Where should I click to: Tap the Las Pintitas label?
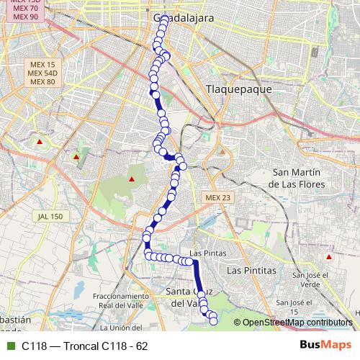(251, 270)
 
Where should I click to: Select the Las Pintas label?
(207, 253)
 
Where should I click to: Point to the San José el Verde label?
(310, 279)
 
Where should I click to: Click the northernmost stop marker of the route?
(165, 19)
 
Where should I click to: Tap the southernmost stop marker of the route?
(213, 322)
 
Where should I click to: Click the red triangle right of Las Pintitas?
(329, 256)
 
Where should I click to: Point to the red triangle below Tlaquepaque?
(222, 152)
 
